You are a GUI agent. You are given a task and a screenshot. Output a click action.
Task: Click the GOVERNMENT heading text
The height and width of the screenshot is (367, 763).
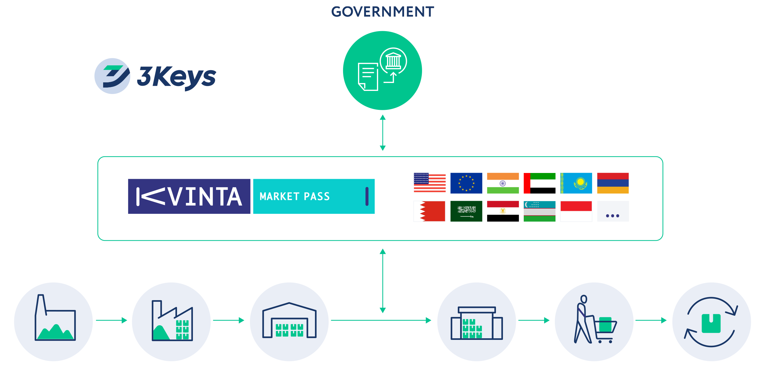(382, 12)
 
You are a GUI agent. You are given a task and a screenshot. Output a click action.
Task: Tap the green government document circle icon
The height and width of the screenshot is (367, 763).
(382, 70)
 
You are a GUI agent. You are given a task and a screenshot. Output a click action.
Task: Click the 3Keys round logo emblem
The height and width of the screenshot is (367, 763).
(112, 76)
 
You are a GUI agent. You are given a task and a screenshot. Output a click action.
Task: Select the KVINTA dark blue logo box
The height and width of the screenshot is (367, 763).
(189, 196)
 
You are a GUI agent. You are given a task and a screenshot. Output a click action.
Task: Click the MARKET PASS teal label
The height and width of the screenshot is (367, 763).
(314, 196)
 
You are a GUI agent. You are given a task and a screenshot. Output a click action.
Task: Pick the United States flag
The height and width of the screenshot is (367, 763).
(429, 183)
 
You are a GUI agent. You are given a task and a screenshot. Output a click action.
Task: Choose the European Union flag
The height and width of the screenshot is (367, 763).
(466, 183)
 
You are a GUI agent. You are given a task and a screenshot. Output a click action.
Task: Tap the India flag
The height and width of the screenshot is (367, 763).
(503, 183)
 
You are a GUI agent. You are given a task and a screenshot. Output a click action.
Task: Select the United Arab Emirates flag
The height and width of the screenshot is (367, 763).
(539, 183)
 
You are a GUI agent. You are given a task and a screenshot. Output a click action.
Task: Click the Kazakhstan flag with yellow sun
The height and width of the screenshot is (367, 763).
(576, 183)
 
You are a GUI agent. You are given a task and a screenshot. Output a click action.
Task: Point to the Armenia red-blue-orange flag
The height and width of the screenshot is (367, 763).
(613, 183)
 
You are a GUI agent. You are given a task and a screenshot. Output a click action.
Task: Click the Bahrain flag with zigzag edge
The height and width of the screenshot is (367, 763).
(429, 211)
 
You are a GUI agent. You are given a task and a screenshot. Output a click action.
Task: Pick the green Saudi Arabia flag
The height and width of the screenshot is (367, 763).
(466, 211)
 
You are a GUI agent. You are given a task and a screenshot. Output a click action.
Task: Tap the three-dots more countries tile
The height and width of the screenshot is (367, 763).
(613, 211)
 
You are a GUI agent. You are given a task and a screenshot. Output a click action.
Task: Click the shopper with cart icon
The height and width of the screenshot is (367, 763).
(594, 321)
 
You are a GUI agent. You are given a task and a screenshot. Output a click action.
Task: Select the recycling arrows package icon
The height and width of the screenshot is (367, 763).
(711, 321)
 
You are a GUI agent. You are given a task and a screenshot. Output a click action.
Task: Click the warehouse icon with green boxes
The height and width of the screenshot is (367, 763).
(289, 321)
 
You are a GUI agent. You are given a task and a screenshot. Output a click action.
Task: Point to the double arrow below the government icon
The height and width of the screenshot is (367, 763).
(382, 133)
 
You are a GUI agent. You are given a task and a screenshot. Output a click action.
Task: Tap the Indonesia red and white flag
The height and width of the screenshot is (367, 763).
(576, 211)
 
